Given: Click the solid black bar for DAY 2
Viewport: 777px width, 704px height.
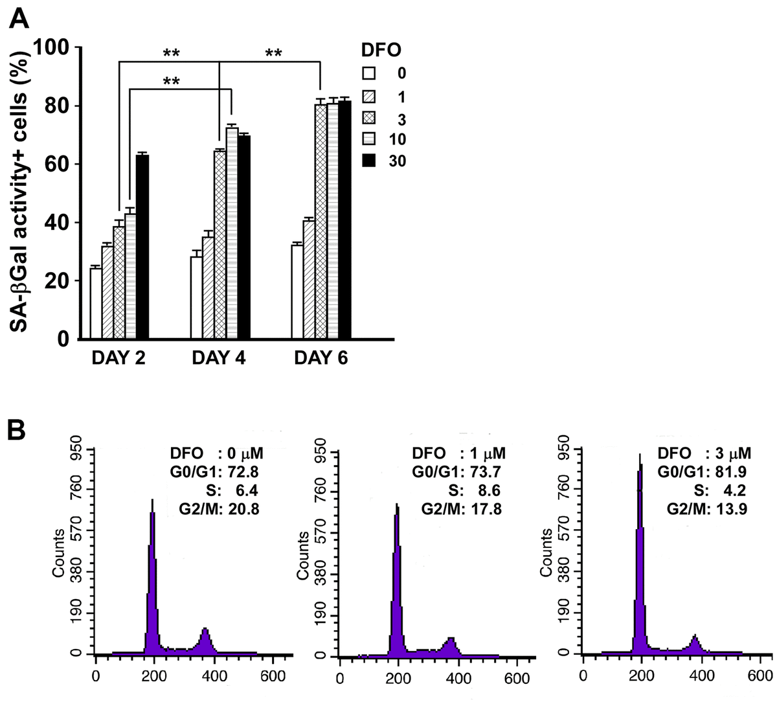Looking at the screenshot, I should (142, 246).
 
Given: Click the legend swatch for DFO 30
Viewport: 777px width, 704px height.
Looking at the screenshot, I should (368, 162).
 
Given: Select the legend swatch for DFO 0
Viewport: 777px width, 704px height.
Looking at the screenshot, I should (368, 73).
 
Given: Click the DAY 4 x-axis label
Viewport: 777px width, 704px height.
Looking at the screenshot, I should (219, 358).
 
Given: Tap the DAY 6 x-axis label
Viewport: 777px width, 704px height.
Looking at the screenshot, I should (321, 358).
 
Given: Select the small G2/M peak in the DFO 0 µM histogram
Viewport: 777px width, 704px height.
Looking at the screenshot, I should (205, 631).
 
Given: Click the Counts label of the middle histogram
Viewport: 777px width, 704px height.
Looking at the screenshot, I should (303, 554).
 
